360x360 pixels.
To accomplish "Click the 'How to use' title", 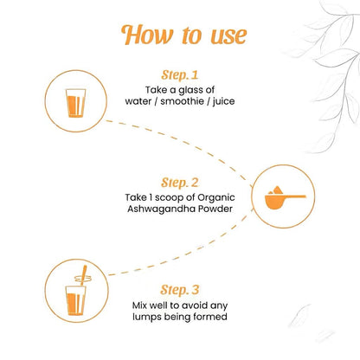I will pyautogui.click(x=186, y=35).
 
